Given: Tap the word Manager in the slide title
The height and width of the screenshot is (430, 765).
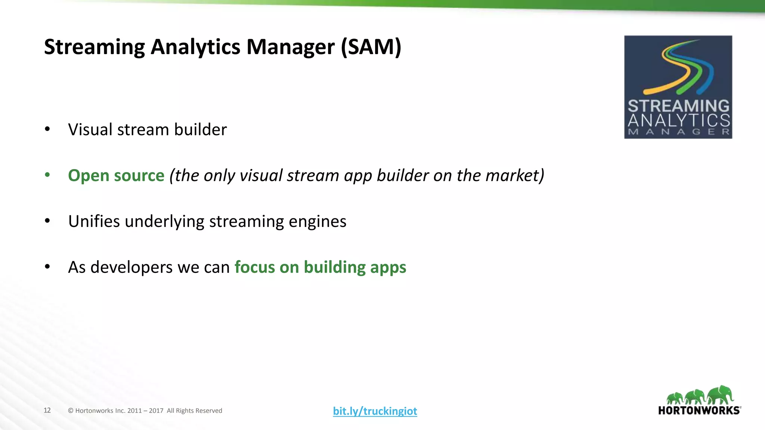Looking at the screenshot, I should (290, 47).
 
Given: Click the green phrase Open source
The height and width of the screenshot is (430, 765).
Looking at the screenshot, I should (116, 175).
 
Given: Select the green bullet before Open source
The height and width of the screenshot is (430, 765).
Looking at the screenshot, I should (47, 175).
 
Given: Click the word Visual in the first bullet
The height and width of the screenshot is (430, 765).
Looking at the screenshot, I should (90, 130).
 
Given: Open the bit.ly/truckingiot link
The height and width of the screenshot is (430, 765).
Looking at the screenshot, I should (375, 411).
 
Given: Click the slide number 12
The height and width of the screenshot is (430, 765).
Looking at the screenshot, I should (47, 410).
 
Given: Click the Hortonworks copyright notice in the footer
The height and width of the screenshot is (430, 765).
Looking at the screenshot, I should (145, 411).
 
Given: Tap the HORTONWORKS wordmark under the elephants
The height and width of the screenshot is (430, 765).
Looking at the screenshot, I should (699, 411).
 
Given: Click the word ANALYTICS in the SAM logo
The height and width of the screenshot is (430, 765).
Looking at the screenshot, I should (678, 120).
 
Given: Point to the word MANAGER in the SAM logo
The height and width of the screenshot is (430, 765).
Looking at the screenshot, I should (678, 132).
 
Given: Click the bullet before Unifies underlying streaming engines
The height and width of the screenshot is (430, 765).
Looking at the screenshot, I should (47, 221).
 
